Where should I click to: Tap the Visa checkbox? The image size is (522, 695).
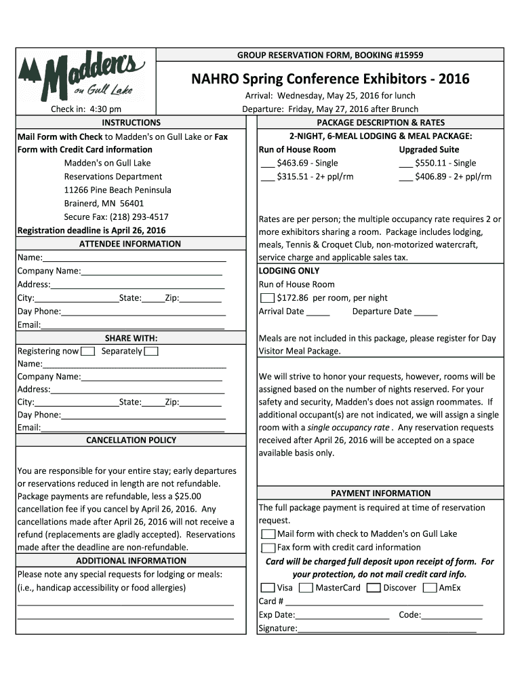tap(268, 588)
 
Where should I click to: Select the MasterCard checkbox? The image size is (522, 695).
tap(306, 588)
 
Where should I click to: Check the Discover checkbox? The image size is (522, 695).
tap(373, 588)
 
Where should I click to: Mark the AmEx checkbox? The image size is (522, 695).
tap(429, 588)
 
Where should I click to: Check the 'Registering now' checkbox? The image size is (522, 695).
tap(87, 352)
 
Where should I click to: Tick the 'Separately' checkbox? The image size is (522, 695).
tap(151, 352)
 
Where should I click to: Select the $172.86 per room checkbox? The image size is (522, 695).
tap(267, 298)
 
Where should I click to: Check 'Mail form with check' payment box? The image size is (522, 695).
tap(268, 534)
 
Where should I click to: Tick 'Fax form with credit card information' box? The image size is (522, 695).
tap(268, 548)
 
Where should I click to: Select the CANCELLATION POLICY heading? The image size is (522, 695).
tap(131, 440)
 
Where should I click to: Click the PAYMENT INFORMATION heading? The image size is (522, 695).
tap(380, 493)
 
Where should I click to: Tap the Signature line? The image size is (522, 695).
tap(386, 629)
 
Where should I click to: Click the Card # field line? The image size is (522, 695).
tap(384, 601)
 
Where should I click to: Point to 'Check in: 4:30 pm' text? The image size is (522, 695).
tap(86, 109)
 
